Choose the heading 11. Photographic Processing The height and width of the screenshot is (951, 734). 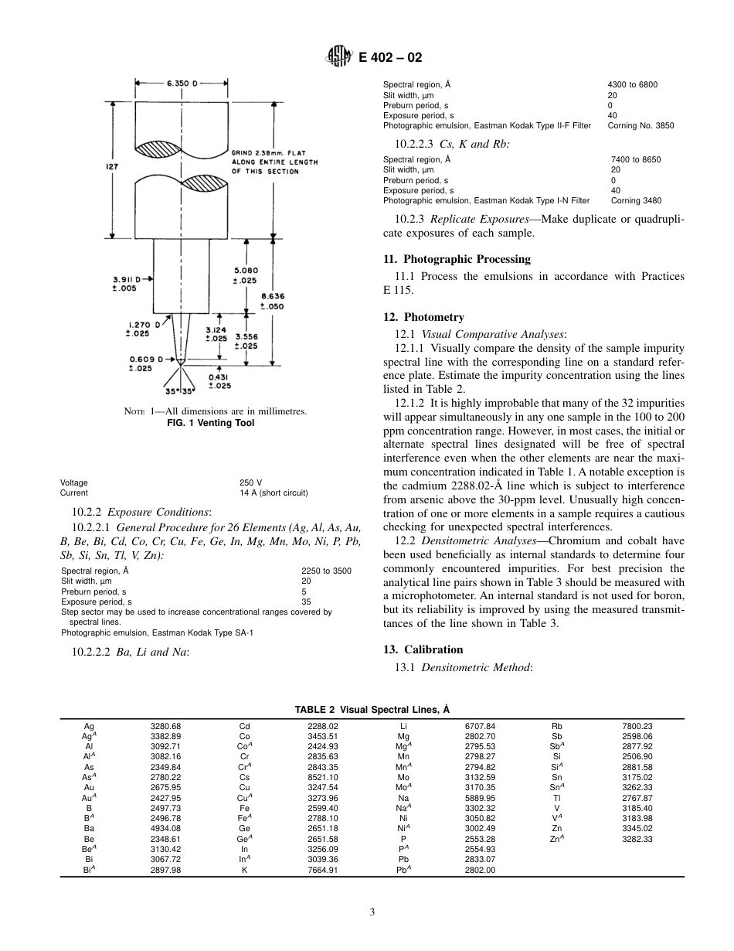(x=457, y=259)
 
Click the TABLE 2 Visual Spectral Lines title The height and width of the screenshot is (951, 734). (x=372, y=709)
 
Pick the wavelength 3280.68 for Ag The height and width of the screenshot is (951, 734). (x=165, y=726)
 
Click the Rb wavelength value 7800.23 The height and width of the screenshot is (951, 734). (x=637, y=726)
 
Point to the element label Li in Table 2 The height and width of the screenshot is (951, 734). (x=403, y=726)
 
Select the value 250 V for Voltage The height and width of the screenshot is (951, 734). (x=251, y=482)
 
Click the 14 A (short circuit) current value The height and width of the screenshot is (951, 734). (x=274, y=493)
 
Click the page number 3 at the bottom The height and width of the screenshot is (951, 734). (x=372, y=912)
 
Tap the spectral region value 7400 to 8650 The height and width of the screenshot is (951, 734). (x=635, y=159)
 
